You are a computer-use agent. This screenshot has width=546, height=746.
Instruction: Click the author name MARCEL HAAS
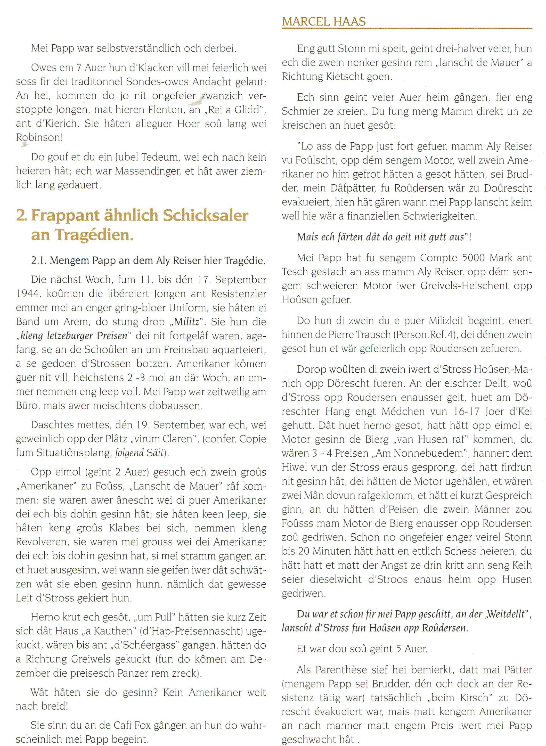(x=324, y=22)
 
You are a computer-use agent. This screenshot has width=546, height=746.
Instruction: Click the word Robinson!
(x=39, y=137)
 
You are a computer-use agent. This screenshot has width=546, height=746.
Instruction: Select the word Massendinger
(x=135, y=172)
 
